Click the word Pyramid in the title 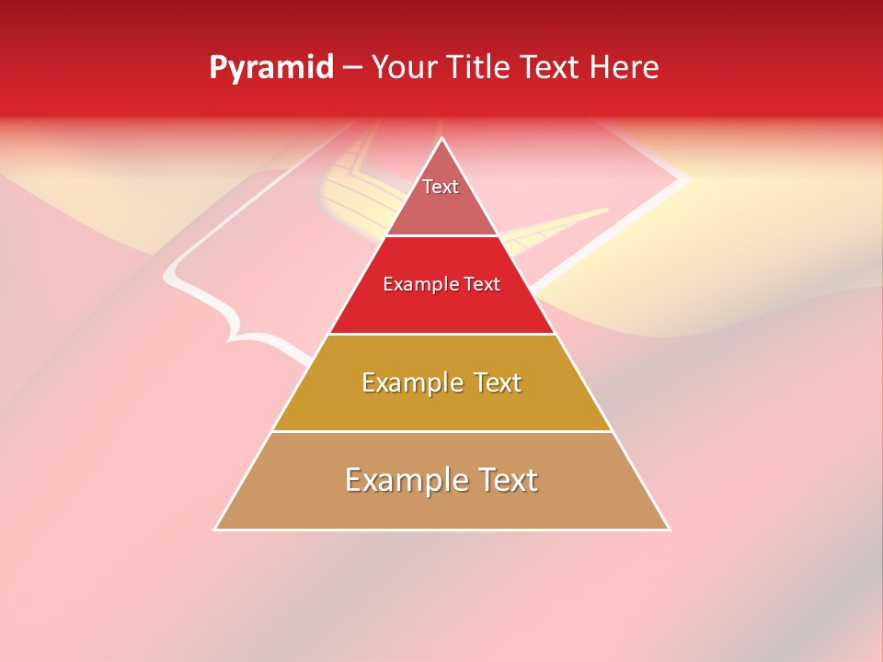coord(270,68)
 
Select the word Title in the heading coord(480,67)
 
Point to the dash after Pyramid coord(351,68)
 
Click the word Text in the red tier coord(481,285)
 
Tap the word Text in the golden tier coord(497,382)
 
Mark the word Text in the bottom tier coord(508,480)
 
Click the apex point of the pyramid coord(441,139)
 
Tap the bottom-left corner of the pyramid coord(215,529)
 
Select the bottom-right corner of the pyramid coord(669,529)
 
